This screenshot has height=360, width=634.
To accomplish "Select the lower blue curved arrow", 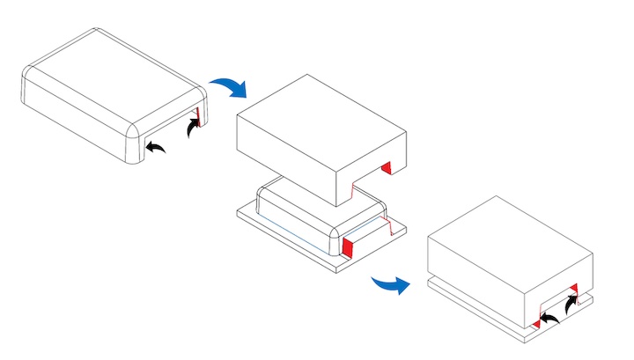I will tap(390, 284).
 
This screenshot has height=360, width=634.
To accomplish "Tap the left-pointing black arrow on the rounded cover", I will tap(156, 147).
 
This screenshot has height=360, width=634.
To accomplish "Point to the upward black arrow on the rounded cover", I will tap(191, 129).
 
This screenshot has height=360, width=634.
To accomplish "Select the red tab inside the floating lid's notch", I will tap(386, 167).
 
